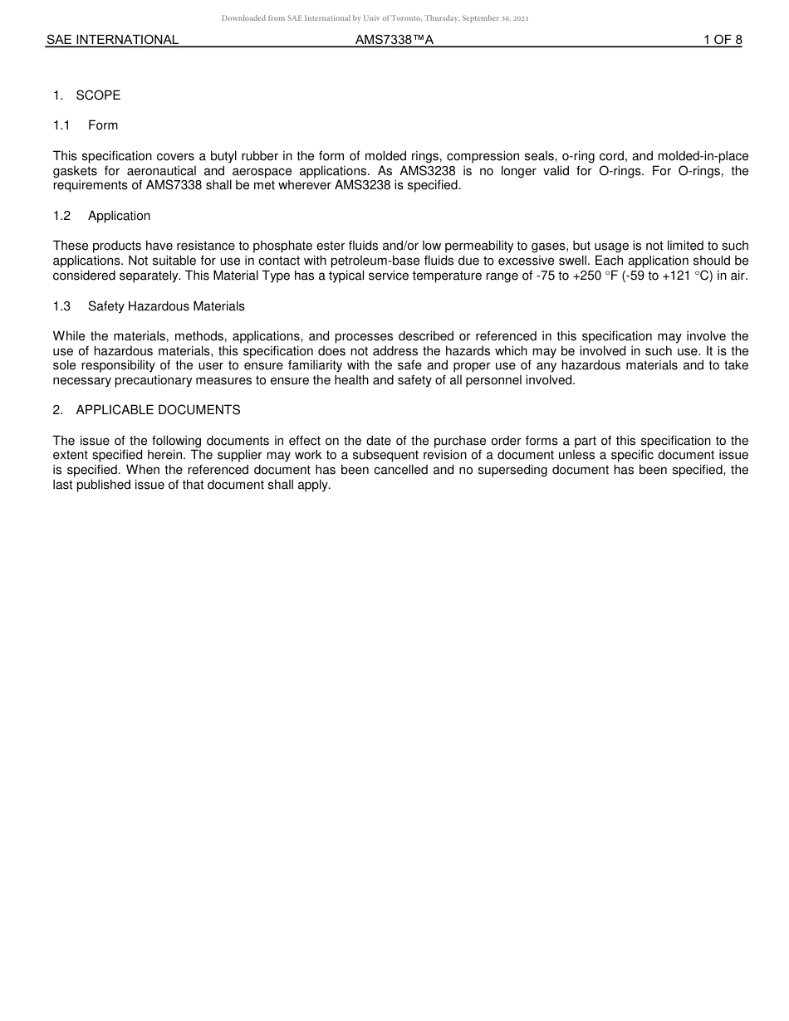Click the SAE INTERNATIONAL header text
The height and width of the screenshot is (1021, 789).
[x=112, y=39]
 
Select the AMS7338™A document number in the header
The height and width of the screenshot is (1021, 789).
[x=394, y=39]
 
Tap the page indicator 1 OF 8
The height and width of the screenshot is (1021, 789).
[x=722, y=39]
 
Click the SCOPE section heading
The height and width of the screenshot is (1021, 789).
[x=98, y=95]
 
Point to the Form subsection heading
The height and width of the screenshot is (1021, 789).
[x=103, y=125]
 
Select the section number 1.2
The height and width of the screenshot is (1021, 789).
[x=62, y=216]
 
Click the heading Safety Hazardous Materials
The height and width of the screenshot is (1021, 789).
[x=166, y=306]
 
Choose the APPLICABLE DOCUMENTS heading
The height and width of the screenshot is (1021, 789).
[x=158, y=410]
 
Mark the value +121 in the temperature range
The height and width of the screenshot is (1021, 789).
[x=679, y=276]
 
